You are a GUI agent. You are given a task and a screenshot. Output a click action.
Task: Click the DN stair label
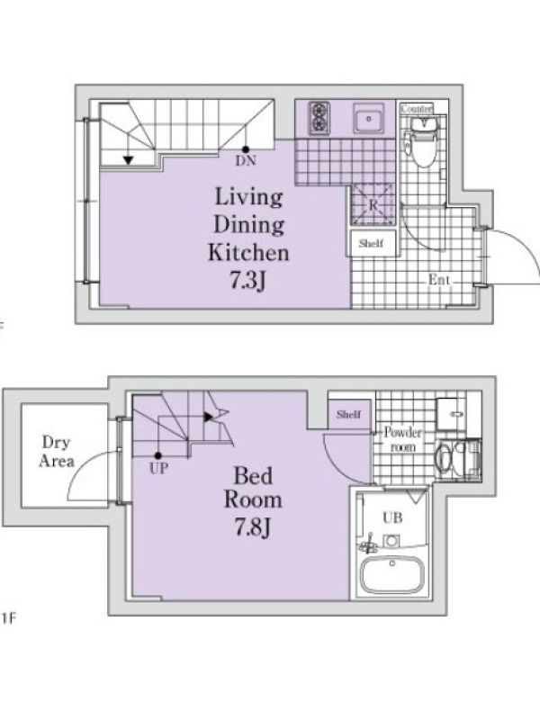click(x=246, y=161)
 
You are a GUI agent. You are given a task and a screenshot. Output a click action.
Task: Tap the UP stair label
click(x=158, y=468)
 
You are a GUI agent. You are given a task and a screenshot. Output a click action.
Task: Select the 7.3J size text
click(x=248, y=280)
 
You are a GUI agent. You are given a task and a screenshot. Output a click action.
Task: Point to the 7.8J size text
click(x=253, y=526)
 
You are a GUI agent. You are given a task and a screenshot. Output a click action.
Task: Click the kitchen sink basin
click(x=368, y=119)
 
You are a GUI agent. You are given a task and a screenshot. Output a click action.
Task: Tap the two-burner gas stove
click(x=319, y=118)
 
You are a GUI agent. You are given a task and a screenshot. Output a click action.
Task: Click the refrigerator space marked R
click(x=373, y=204)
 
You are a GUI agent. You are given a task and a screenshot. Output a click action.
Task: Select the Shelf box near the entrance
click(x=371, y=243)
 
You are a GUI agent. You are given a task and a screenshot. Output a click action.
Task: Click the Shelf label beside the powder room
click(x=348, y=414)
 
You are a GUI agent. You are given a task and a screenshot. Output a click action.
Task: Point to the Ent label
click(x=439, y=279)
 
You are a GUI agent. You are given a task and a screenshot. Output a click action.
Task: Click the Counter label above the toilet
click(x=416, y=109)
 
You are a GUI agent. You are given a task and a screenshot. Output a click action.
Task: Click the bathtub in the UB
click(x=391, y=575)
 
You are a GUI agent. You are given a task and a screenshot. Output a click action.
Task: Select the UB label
click(x=392, y=518)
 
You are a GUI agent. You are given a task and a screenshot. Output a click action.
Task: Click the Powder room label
click(x=402, y=439)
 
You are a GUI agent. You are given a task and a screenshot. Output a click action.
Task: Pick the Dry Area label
click(x=56, y=452)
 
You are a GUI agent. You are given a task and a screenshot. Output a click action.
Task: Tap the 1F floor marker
click(x=8, y=618)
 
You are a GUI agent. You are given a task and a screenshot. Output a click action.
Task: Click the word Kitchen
click(x=248, y=253)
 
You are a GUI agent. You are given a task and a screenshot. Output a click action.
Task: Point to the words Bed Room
click(x=253, y=488)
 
